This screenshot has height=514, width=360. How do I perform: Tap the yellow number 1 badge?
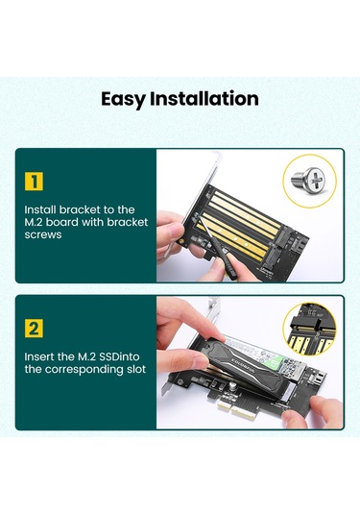[x=35, y=181]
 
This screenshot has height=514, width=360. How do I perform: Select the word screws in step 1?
[x=45, y=235]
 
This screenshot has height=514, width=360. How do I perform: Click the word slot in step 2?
[x=134, y=370]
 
